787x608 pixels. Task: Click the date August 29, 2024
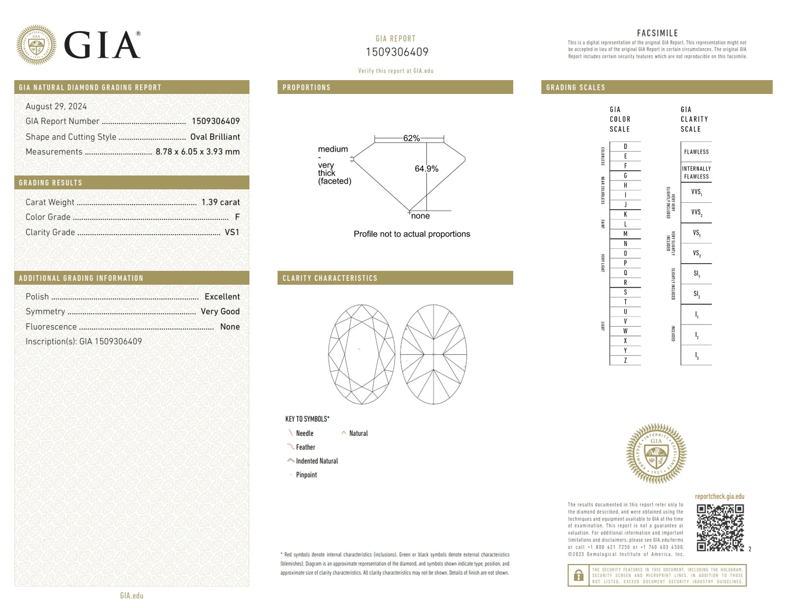[56, 106]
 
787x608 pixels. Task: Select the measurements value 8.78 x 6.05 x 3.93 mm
[197, 152]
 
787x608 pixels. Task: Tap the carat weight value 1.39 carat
[220, 202]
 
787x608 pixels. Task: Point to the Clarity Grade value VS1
[232, 232]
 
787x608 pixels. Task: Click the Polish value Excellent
[222, 297]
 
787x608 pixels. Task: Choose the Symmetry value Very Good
[220, 311]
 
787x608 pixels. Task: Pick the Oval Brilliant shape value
[215, 137]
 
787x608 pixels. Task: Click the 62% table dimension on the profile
[411, 138]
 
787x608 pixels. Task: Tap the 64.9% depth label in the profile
[426, 169]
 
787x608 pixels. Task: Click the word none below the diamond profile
[421, 216]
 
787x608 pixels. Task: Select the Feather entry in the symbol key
[305, 447]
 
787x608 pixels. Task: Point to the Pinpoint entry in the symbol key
[306, 475]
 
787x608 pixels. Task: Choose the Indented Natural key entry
[317, 461]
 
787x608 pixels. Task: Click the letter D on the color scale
[625, 146]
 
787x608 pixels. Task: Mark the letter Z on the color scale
[625, 360]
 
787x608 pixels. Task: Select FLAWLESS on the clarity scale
[696, 152]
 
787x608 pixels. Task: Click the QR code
[720, 527]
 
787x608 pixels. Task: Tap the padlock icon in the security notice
[578, 575]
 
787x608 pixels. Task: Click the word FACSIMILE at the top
[657, 33]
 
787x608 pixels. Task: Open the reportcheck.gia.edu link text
[719, 496]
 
